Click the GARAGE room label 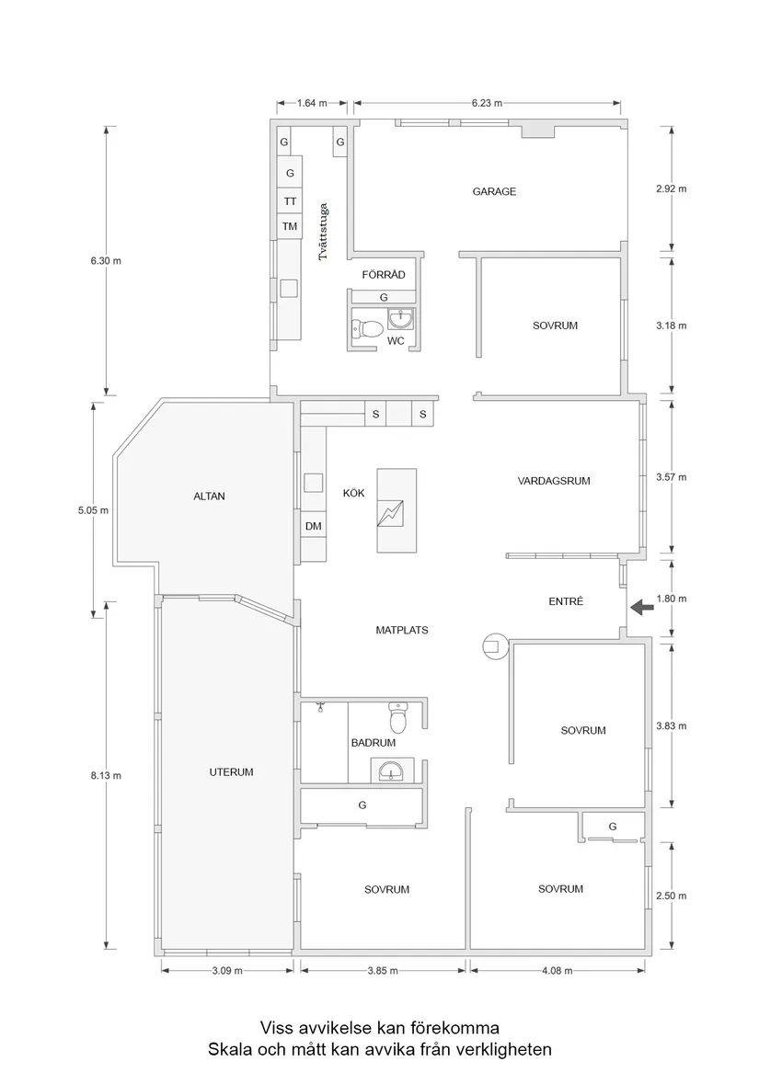coord(494,192)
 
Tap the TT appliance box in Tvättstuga coord(290,201)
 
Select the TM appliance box coord(290,226)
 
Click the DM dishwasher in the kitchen coord(313,526)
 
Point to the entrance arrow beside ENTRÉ coord(642,605)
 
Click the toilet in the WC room coord(370,328)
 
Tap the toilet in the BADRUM coord(398,718)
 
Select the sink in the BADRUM coord(392,770)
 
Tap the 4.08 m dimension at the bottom coord(558,970)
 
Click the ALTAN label coord(209,497)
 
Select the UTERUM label coord(231,772)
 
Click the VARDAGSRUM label coord(553,481)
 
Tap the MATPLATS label coord(402,631)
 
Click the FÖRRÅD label coord(384,275)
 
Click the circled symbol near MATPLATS coord(494,647)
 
